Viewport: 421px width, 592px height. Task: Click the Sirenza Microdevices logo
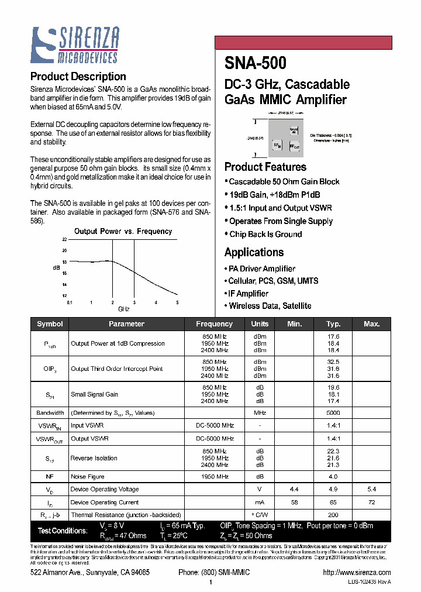tap(75, 44)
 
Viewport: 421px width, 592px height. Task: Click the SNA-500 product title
tap(255, 62)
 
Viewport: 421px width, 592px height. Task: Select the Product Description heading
tap(78, 77)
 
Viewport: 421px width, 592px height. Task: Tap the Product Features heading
tap(265, 167)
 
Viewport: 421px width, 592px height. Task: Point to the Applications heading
tap(254, 252)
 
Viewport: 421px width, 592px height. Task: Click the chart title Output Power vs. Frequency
tap(123, 231)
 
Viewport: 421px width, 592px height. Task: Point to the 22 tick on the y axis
tap(64, 240)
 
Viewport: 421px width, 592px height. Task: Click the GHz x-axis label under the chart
tap(124, 309)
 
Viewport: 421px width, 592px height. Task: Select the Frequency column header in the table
tap(214, 323)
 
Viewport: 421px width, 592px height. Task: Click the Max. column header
tap(371, 323)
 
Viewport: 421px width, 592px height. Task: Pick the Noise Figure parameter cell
tap(88, 477)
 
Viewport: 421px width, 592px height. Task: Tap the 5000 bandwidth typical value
tap(333, 413)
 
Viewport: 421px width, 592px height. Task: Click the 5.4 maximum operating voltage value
tap(371, 489)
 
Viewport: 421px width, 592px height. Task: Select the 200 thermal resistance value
tap(333, 515)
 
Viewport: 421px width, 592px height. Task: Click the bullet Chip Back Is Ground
tap(265, 235)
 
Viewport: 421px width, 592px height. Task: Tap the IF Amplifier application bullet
tap(249, 294)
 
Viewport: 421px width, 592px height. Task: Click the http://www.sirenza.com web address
tap(356, 572)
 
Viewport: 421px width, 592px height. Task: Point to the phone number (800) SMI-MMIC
tap(214, 572)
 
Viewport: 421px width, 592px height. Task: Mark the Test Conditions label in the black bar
tap(63, 531)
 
